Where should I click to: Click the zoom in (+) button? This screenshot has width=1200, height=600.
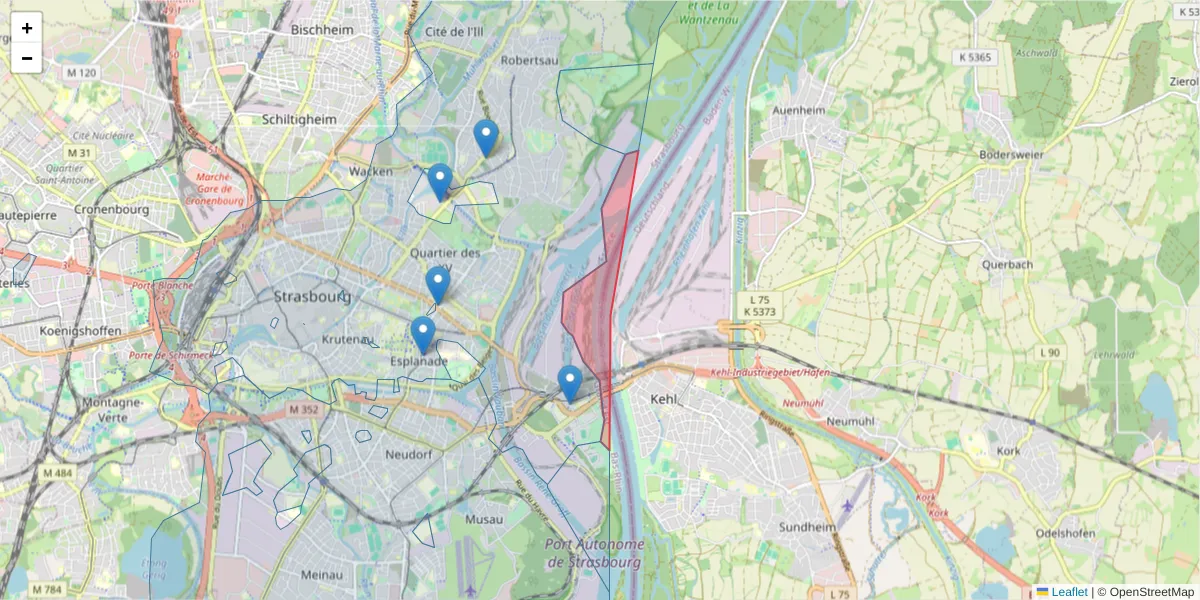(x=27, y=28)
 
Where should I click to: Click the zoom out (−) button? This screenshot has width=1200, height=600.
(x=27, y=58)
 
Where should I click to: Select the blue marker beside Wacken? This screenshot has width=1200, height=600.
(x=440, y=182)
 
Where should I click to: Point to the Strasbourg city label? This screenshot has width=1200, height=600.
(x=312, y=297)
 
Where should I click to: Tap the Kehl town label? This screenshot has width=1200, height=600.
(x=664, y=399)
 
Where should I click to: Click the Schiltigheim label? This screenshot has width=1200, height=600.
(x=296, y=118)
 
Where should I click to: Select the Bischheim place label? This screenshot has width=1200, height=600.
(x=322, y=30)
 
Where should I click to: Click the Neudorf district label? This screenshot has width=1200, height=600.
(x=408, y=454)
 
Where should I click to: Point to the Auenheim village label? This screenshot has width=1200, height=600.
(x=798, y=109)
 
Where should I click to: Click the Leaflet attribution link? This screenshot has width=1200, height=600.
(x=1068, y=592)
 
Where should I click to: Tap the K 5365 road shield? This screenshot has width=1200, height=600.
(x=972, y=57)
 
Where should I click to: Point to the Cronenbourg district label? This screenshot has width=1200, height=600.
(x=111, y=210)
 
